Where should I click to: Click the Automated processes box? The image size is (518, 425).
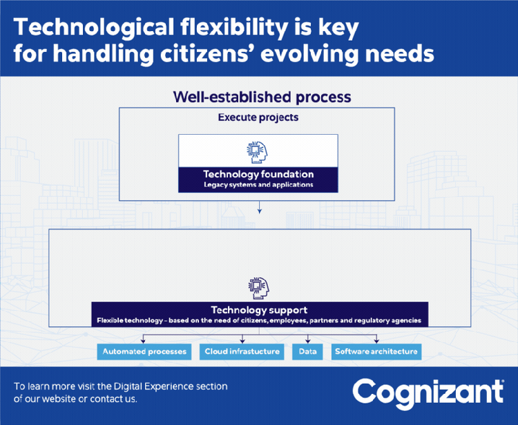point(144,352)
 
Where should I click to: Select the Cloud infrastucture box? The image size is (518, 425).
point(242,352)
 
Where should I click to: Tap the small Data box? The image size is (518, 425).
point(307,352)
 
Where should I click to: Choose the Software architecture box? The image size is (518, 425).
point(376,352)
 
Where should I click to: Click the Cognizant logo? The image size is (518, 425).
point(428,394)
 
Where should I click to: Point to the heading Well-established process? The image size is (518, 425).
point(262,97)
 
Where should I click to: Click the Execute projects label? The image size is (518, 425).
point(258,117)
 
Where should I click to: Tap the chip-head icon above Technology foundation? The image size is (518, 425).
point(257,152)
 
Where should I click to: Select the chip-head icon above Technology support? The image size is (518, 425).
point(259,288)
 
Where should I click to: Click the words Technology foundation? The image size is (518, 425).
point(258,174)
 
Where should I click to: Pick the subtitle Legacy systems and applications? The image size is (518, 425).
point(258,185)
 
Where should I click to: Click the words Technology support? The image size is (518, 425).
point(259,310)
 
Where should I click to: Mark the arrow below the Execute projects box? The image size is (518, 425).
point(260,207)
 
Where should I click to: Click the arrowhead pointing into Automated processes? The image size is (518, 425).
point(143,341)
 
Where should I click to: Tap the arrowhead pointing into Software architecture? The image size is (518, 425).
point(376,341)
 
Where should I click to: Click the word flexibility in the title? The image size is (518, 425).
point(234,28)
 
